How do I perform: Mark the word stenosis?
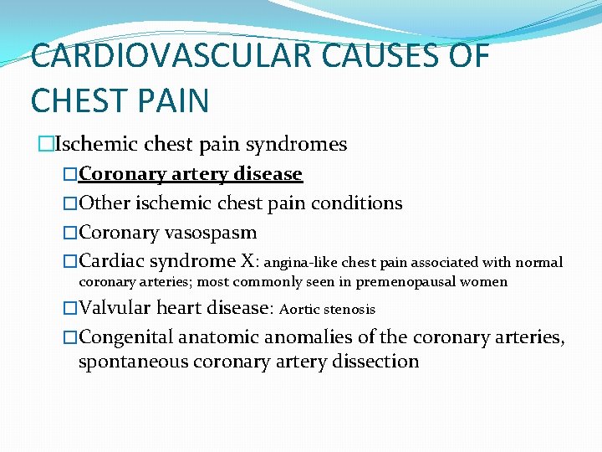tap(349, 310)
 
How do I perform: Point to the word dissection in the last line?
tap(380, 362)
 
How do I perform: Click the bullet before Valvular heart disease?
tap(70, 308)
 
